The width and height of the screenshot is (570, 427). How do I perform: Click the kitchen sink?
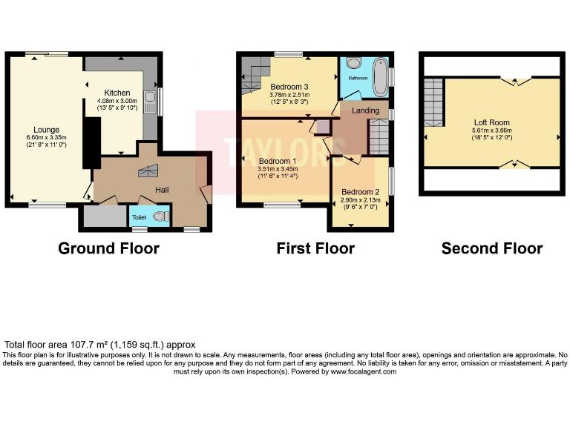pos(151,101)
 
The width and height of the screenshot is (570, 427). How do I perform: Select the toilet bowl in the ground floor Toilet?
pos(159,216)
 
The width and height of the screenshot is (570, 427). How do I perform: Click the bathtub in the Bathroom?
pos(381,76)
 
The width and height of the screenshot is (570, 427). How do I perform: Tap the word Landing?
pos(365,110)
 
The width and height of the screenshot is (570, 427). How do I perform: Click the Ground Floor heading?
pos(108,248)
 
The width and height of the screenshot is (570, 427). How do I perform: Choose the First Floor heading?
pos(315,248)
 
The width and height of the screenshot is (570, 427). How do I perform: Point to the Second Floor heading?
pos(491,248)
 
